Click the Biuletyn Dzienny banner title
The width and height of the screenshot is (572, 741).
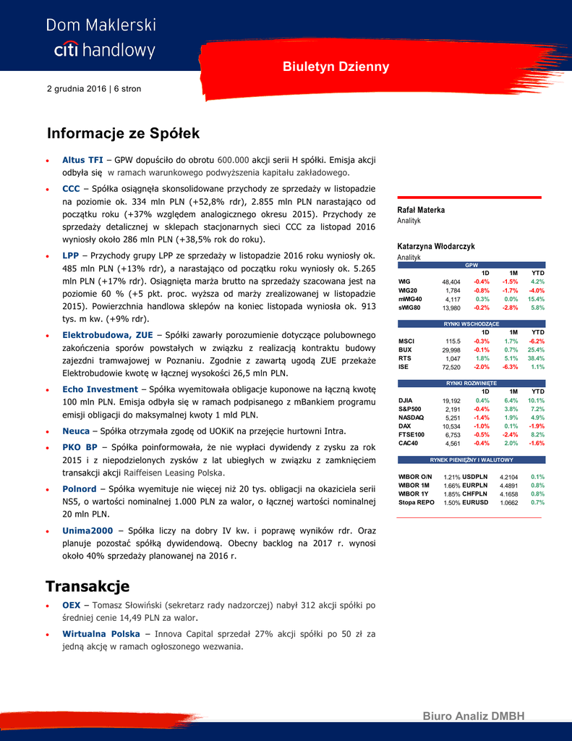[x=336, y=67]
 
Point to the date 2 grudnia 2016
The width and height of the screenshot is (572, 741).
[x=76, y=89]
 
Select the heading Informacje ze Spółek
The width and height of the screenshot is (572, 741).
[x=123, y=134]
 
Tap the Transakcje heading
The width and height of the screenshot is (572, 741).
[x=87, y=585]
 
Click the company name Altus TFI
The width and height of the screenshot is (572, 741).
[x=82, y=160]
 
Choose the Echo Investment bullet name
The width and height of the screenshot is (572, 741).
[x=100, y=389]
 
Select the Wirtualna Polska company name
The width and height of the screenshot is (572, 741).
[x=101, y=634]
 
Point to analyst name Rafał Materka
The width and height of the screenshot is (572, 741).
[x=421, y=210]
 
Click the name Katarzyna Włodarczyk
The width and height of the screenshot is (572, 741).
[x=436, y=247]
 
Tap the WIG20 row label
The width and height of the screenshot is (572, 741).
[x=408, y=290]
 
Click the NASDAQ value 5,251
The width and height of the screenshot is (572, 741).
[x=453, y=418]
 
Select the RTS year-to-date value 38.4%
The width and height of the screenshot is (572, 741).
[x=536, y=358]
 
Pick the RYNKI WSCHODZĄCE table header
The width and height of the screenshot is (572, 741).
[x=471, y=323]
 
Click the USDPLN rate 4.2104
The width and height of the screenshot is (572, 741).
[x=508, y=477]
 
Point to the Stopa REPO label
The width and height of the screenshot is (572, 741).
[x=417, y=502]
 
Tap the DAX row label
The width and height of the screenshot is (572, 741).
[x=404, y=426]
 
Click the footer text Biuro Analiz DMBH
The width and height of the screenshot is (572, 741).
[x=473, y=716]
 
